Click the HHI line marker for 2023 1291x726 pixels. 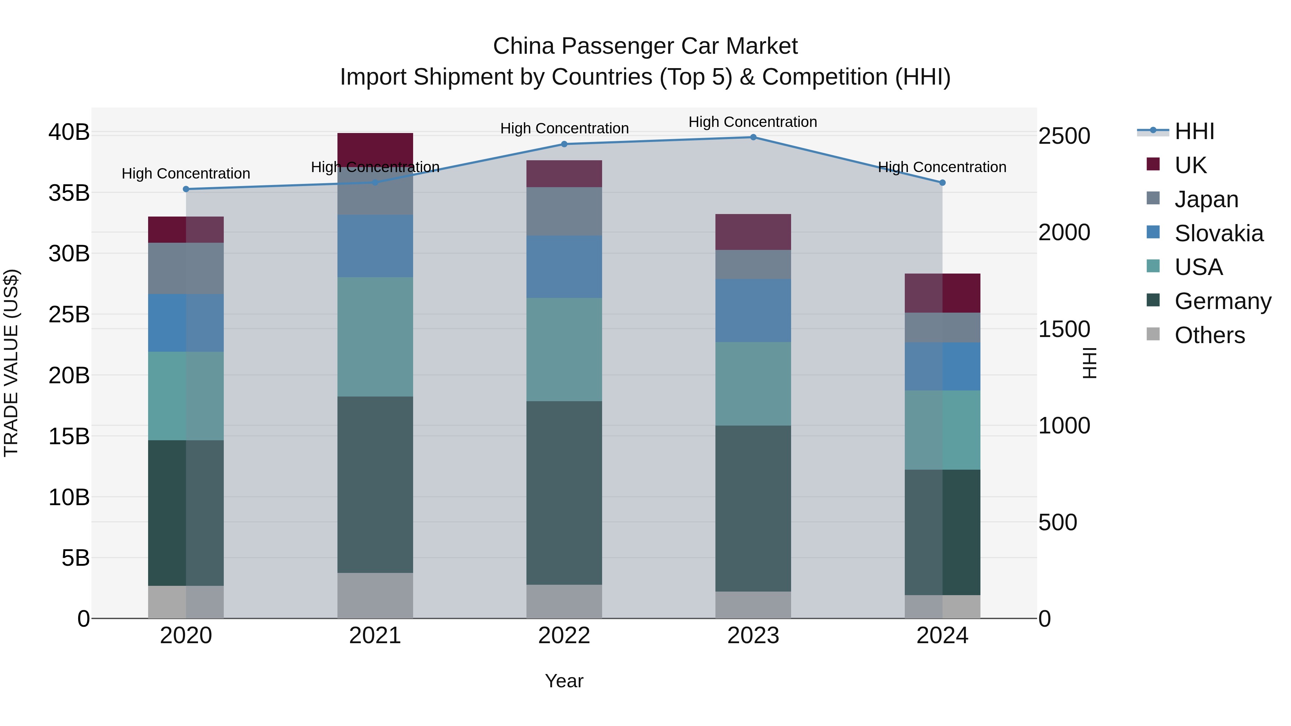point(753,137)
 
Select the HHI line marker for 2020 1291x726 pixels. point(186,189)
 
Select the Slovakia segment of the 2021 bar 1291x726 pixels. point(375,246)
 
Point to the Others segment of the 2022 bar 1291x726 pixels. point(564,601)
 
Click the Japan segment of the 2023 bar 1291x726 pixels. point(753,265)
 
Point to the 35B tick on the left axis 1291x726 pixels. point(68,193)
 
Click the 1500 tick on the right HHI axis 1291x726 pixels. point(1064,329)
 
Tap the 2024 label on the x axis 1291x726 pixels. point(942,636)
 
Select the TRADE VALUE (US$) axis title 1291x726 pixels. point(11,363)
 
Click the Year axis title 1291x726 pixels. point(564,681)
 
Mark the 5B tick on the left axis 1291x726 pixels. point(75,557)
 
